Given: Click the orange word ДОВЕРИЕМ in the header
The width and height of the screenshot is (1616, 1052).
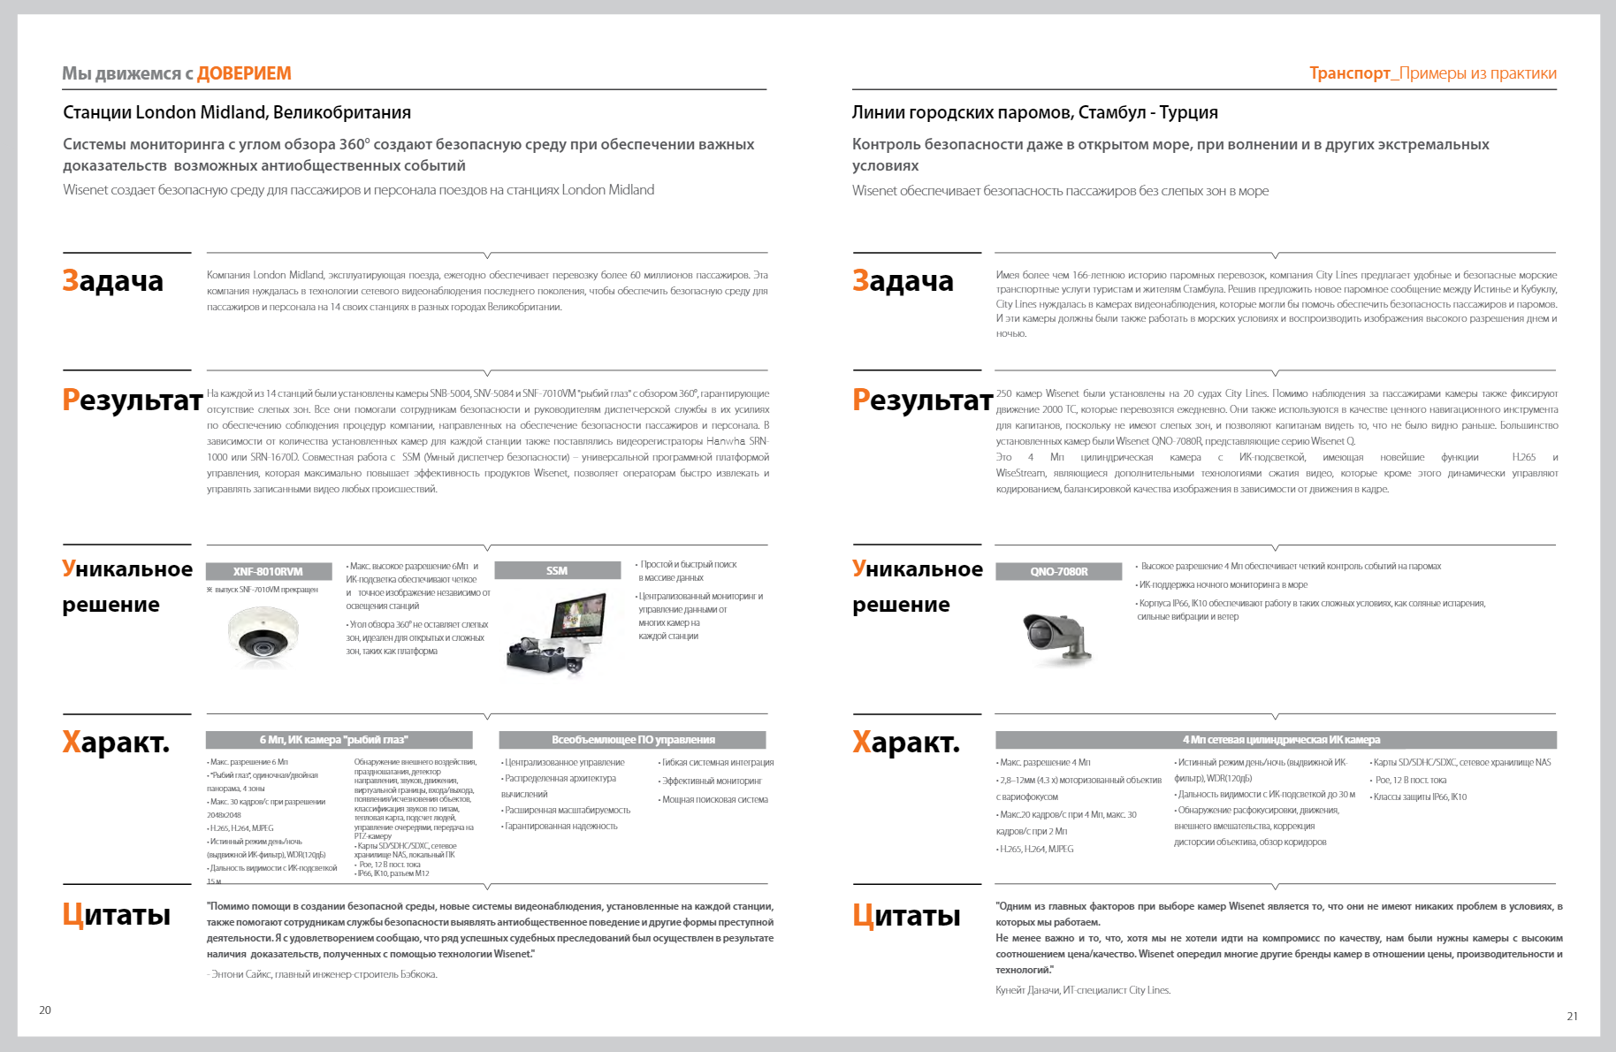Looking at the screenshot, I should (244, 73).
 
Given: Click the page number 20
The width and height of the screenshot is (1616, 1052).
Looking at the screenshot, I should (45, 1010).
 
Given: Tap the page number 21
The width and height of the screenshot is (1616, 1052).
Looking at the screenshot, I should (1572, 1016).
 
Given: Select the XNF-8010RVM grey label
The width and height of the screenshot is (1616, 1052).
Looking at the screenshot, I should (268, 571).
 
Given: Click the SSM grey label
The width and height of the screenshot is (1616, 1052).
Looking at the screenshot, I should (557, 570).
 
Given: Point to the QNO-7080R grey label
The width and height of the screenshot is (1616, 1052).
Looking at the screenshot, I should (1058, 571).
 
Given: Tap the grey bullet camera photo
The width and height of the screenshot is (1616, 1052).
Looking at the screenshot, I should (1056, 636).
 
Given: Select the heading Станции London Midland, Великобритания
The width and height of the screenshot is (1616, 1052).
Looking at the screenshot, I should (237, 112).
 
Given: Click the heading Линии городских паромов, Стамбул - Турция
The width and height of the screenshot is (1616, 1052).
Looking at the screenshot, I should (1034, 112).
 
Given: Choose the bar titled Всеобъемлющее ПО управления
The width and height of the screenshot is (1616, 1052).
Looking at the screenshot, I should (633, 740).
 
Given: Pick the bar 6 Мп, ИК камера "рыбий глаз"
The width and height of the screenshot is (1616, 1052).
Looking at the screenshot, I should (339, 740).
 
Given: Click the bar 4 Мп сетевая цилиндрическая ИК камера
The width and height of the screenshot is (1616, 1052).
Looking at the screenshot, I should (1275, 740).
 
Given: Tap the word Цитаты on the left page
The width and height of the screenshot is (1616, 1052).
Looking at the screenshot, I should (116, 914).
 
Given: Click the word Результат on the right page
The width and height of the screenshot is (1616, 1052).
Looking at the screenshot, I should (922, 400).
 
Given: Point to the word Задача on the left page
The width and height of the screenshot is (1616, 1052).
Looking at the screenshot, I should (112, 280).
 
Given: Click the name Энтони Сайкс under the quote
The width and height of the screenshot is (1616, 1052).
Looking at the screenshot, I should (241, 974).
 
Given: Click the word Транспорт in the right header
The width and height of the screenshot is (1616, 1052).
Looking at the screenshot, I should (1349, 73).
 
